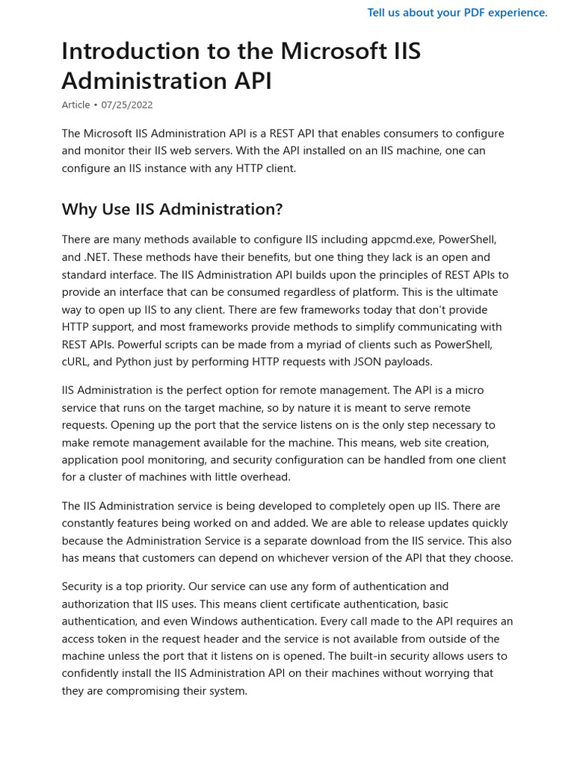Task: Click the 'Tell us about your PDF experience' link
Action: pyautogui.click(x=457, y=13)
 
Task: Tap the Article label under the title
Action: pyautogui.click(x=75, y=105)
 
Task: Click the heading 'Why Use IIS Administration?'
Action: pyautogui.click(x=172, y=209)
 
